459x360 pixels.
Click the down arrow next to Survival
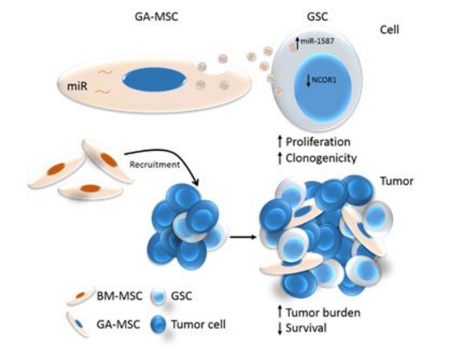pyautogui.click(x=280, y=329)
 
